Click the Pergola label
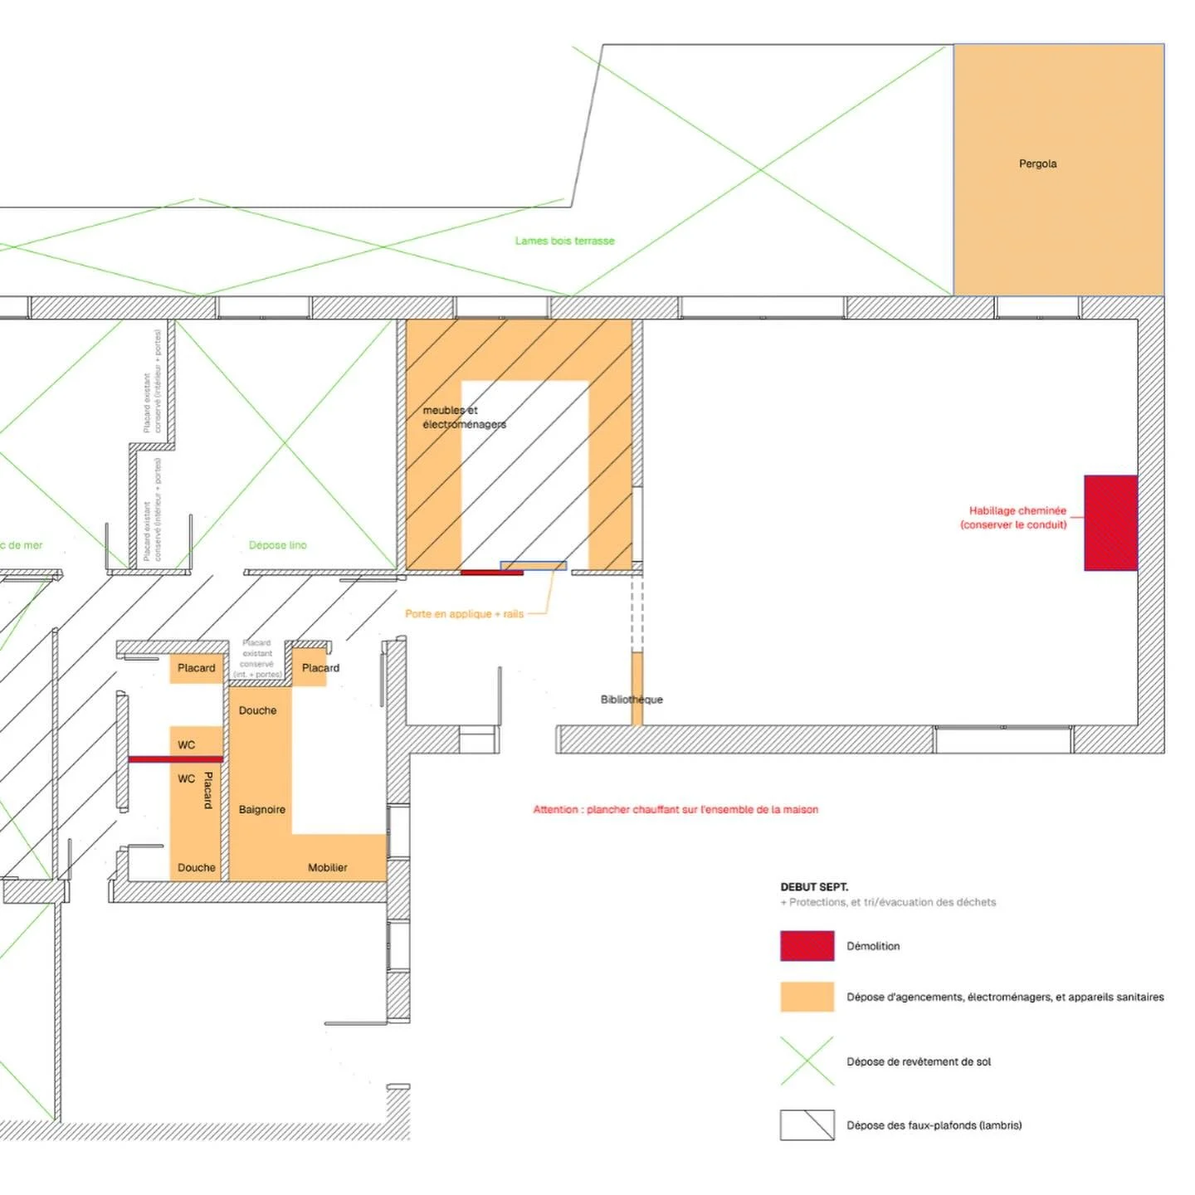[x=1037, y=163]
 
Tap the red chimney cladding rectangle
[x=1110, y=523]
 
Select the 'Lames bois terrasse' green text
[x=564, y=241]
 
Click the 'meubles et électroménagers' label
[x=463, y=417]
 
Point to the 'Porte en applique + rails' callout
[x=464, y=614]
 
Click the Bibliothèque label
[x=632, y=700]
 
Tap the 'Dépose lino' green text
[x=277, y=545]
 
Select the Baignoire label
[x=261, y=810]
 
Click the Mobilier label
[x=327, y=868]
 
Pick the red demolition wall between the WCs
[x=175, y=759]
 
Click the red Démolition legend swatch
[x=807, y=946]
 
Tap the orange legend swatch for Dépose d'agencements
[x=807, y=997]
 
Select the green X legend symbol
[x=807, y=1061]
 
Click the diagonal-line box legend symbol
[x=807, y=1125]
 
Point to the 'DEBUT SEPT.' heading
[x=814, y=887]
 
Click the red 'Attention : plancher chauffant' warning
[x=676, y=810]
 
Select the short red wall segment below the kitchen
[x=491, y=573]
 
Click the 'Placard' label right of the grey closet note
[x=320, y=668]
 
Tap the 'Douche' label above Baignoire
[x=257, y=711]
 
